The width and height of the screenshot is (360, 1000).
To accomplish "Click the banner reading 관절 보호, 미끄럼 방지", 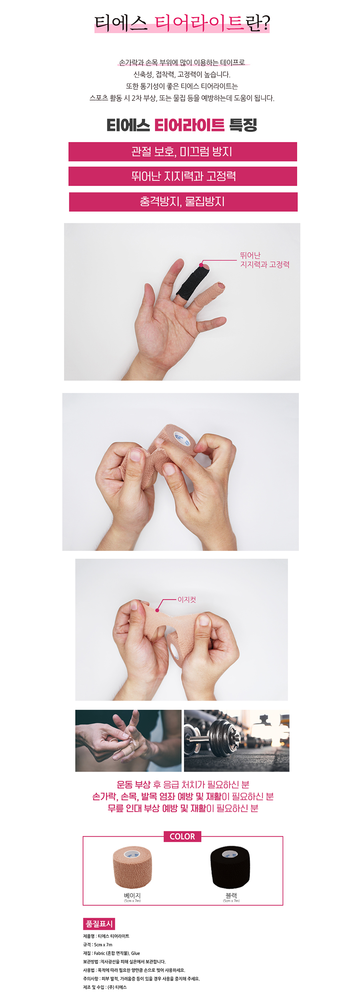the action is click(182, 152).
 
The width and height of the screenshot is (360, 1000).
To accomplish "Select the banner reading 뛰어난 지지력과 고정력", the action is click(182, 176).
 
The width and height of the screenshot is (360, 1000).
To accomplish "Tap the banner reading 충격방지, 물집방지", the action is click(183, 202).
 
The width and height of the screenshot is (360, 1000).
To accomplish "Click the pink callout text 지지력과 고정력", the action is click(265, 264).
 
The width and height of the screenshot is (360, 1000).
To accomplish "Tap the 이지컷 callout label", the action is click(187, 600).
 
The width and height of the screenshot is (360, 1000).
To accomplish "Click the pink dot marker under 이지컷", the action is click(157, 610).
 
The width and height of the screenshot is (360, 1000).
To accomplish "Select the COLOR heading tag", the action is click(182, 836).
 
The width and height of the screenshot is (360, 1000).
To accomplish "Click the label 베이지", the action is click(132, 895).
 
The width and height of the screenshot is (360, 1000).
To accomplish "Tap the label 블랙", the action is click(231, 895).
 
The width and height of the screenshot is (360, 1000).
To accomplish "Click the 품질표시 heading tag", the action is click(99, 924).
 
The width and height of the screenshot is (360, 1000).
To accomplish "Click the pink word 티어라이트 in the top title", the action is click(199, 23).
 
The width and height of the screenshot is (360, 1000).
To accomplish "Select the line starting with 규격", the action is click(98, 944).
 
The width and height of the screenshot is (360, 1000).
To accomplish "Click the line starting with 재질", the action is click(112, 953).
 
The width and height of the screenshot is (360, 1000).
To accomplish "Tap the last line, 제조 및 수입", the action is click(105, 987).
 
